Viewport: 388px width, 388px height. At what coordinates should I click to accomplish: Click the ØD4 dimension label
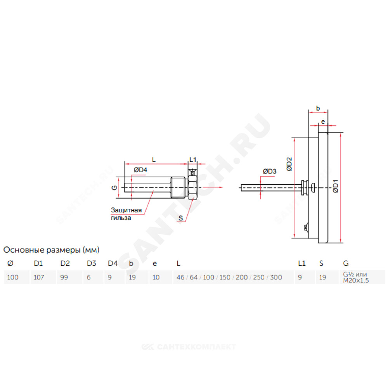pos(140,170)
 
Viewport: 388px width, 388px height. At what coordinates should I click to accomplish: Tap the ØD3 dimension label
pos(270,171)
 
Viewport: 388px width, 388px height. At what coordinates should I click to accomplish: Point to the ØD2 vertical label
pos(289,164)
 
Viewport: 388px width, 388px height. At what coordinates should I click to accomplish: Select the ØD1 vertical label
pos(335,186)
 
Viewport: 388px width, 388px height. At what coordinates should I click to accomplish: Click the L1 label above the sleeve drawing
pos(193,159)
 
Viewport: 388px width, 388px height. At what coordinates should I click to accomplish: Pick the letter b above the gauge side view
pos(318,108)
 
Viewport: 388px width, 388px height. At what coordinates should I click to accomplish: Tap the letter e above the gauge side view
pos(323,122)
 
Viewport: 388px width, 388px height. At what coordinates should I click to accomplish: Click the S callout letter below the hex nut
pos(181,218)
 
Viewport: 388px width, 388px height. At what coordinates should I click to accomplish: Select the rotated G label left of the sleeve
pos(114,188)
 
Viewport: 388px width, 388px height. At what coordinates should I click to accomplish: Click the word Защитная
pos(126,210)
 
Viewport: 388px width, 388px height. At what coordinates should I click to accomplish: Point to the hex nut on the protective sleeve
pos(192,187)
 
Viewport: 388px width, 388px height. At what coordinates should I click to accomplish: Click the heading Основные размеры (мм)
pos(52,250)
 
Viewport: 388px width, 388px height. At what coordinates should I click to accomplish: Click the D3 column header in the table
pos(91,263)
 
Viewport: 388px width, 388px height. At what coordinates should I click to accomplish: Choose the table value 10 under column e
pos(156,277)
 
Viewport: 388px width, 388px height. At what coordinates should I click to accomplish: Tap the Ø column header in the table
pos(10,263)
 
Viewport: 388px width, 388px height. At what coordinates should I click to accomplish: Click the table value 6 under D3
pos(88,277)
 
